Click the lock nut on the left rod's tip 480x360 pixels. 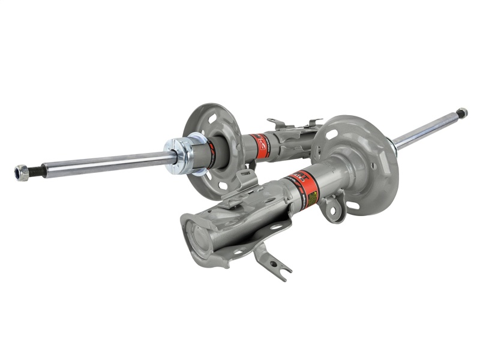(x=22, y=173)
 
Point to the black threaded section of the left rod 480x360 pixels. (x=36, y=170)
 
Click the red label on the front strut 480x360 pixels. (x=299, y=184)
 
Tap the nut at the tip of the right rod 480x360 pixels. (x=461, y=112)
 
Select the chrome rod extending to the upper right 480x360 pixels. (x=426, y=128)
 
